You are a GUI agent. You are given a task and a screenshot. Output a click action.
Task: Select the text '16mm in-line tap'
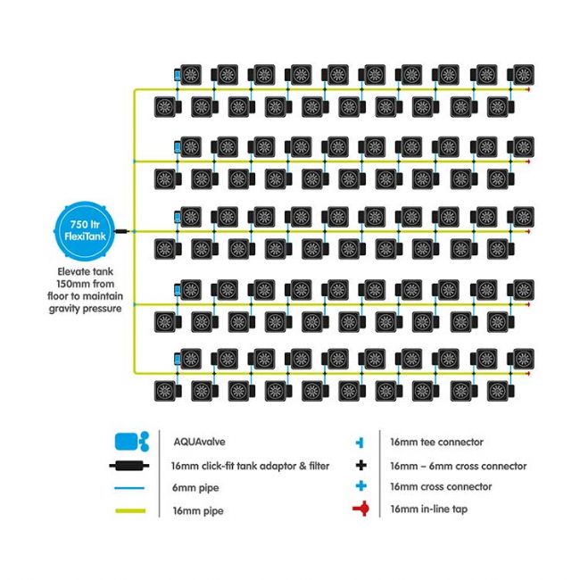coord(427,510)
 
